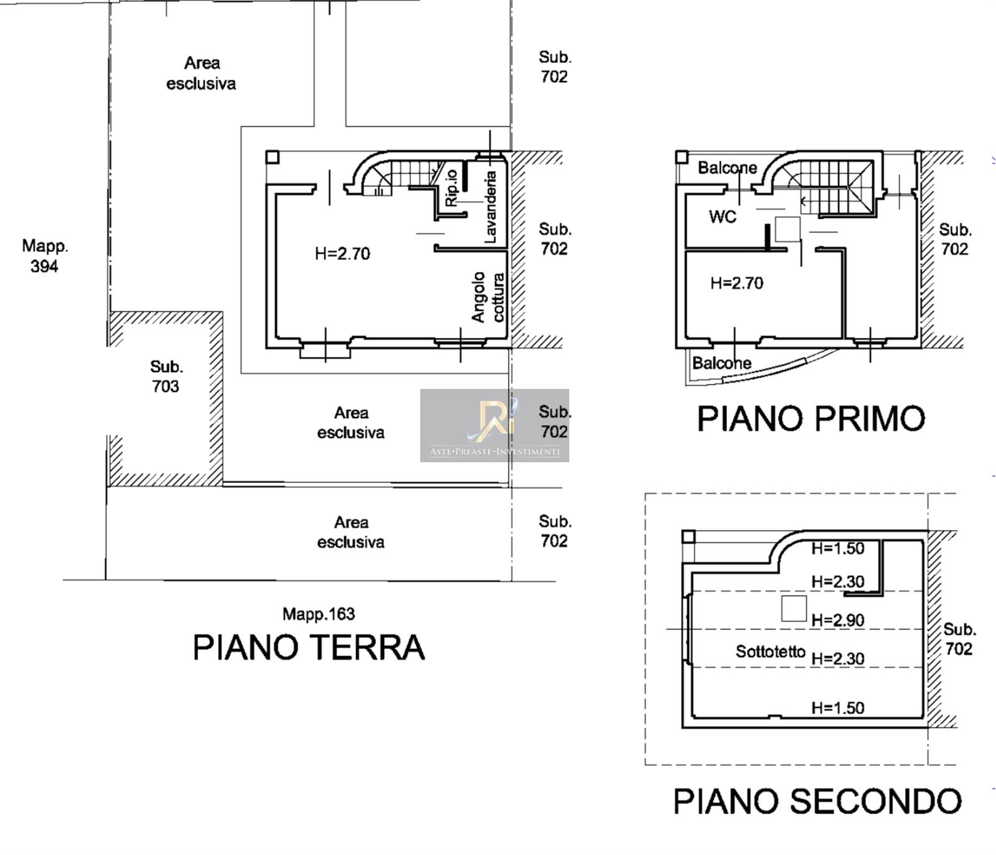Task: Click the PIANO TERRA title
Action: coord(309,647)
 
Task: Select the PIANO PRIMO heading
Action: coord(811,418)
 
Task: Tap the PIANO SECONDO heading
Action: coord(818,801)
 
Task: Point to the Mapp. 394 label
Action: coord(45,256)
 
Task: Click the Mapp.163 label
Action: coord(319,614)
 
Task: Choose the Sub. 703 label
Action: coord(166,376)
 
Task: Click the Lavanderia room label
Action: coord(491,207)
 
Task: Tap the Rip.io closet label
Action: coord(451,187)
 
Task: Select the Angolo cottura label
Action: coord(488,297)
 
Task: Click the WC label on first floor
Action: coord(722,217)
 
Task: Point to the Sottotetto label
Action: coord(771,652)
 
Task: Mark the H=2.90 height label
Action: coord(838,620)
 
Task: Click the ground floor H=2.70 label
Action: coord(342,254)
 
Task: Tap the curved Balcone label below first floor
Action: coord(722,363)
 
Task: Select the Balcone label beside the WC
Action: coord(727,167)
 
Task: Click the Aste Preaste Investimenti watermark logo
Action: coord(494,426)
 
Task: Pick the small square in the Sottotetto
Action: coord(794,608)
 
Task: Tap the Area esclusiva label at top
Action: coord(201,73)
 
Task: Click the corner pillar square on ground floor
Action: coord(272,157)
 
